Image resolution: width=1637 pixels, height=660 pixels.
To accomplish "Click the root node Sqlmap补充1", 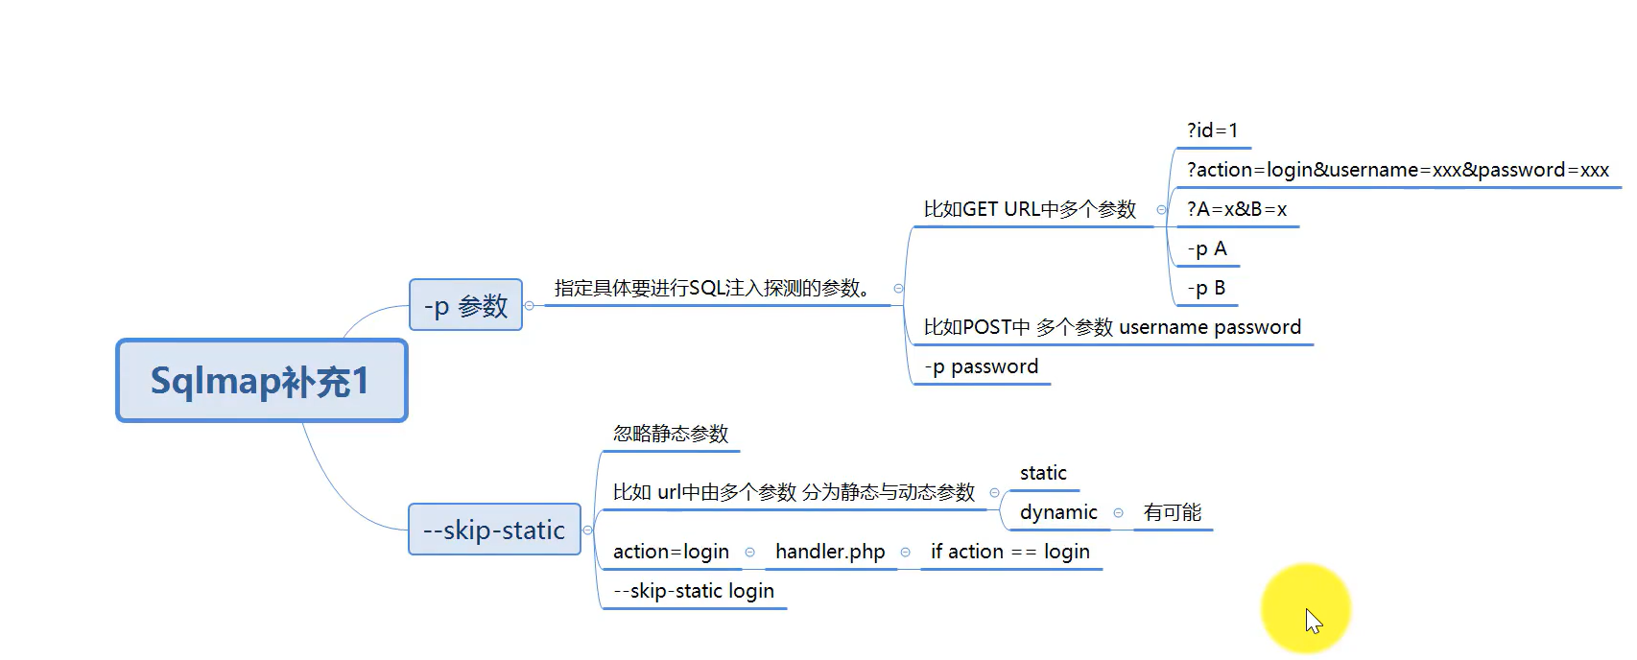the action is [261, 381].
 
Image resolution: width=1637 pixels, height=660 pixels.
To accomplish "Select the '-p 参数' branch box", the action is [465, 305].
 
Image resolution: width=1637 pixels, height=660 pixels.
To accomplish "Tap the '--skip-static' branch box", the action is [494, 530].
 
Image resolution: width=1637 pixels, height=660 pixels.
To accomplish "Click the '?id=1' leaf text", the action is [1212, 130].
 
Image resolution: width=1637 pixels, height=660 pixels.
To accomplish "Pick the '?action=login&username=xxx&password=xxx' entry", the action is [1397, 170].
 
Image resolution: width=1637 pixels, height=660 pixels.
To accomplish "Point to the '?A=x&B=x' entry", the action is [1236, 209].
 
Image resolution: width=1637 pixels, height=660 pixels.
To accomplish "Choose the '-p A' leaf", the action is [1207, 248].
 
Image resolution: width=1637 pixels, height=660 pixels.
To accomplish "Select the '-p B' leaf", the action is [1206, 288].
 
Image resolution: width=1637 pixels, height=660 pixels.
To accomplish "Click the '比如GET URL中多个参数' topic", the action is [1030, 209].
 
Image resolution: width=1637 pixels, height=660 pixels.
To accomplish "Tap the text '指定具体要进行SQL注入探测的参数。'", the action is [712, 288].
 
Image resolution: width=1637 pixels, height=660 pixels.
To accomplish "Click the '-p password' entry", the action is [981, 366].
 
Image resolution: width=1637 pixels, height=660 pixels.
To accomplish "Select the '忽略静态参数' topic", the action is [671, 434].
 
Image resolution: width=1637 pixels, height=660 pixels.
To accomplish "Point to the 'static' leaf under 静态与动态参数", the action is [1043, 473].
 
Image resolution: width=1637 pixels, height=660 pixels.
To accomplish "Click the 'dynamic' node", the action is [1058, 512].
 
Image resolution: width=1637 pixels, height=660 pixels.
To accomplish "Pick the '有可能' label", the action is [1172, 512].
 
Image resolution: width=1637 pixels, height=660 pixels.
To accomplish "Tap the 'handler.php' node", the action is [830, 552].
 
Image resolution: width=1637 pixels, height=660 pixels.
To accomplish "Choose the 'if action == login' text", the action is [1009, 552].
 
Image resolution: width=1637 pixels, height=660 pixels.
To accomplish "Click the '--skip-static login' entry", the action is [693, 591].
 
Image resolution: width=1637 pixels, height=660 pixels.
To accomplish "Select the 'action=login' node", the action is [671, 552].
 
